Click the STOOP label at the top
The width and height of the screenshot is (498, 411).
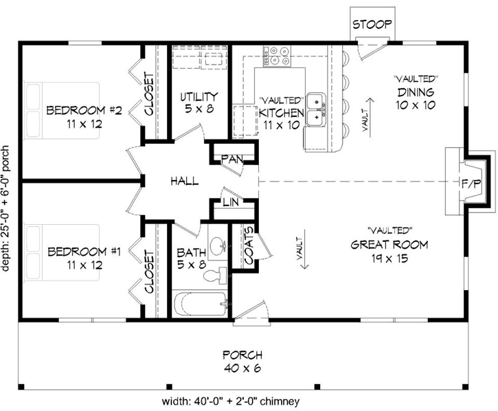click(x=372, y=24)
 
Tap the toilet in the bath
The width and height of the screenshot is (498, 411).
click(x=215, y=275)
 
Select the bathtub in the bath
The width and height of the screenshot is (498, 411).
click(x=201, y=304)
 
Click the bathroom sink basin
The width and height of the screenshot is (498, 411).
click(x=218, y=247)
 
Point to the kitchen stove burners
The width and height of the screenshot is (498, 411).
click(x=277, y=56)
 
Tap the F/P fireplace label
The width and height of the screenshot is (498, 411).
click(x=472, y=184)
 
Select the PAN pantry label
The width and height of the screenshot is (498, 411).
click(x=232, y=159)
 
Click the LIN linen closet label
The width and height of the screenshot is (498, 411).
click(x=231, y=203)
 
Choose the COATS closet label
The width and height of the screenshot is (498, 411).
click(x=249, y=245)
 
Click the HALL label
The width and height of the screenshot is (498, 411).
click(x=185, y=181)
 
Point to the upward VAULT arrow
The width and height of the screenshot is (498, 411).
click(x=370, y=118)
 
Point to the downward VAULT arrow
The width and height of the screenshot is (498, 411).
click(x=305, y=249)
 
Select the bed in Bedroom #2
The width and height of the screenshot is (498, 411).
click(x=63, y=110)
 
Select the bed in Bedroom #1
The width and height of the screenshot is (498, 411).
click(x=63, y=252)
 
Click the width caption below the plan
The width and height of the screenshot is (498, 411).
click(x=231, y=401)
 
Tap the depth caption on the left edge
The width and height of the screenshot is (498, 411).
click(x=5, y=208)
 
